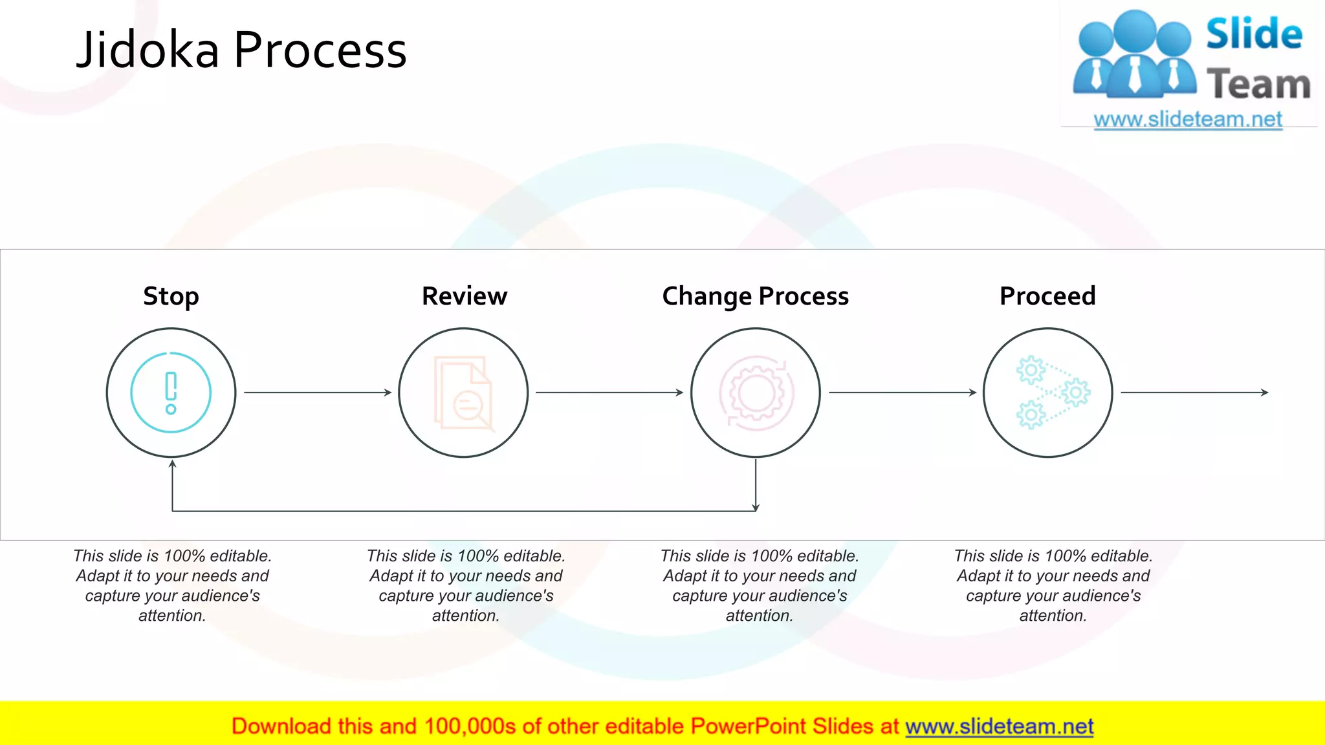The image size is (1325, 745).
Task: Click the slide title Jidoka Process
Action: pyautogui.click(x=241, y=50)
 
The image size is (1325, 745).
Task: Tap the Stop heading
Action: pyautogui.click(x=171, y=296)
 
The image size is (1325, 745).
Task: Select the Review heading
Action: pyautogui.click(x=465, y=296)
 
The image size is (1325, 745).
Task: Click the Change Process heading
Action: pyautogui.click(x=755, y=296)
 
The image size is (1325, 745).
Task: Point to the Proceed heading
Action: pyautogui.click(x=1047, y=296)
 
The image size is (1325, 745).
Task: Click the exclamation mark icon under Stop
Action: pyautogui.click(x=171, y=393)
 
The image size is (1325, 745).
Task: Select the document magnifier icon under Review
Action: pyautogui.click(x=464, y=393)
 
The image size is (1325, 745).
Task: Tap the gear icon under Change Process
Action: pyautogui.click(x=756, y=393)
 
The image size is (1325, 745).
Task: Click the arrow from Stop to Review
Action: pyautogui.click(x=317, y=393)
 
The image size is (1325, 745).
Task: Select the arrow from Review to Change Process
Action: pyautogui.click(x=609, y=393)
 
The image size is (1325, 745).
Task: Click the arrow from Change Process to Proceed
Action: pyautogui.click(x=902, y=393)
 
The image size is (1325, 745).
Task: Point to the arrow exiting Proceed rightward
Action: pyautogui.click(x=1194, y=393)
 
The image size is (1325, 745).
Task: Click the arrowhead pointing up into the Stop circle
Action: pyautogui.click(x=172, y=464)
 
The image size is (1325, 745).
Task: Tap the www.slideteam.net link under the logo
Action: pyautogui.click(x=1188, y=120)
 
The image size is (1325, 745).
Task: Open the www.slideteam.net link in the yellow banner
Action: pyautogui.click(x=999, y=726)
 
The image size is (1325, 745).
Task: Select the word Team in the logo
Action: pyautogui.click(x=1258, y=85)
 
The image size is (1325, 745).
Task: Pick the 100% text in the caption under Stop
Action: pyautogui.click(x=184, y=556)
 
